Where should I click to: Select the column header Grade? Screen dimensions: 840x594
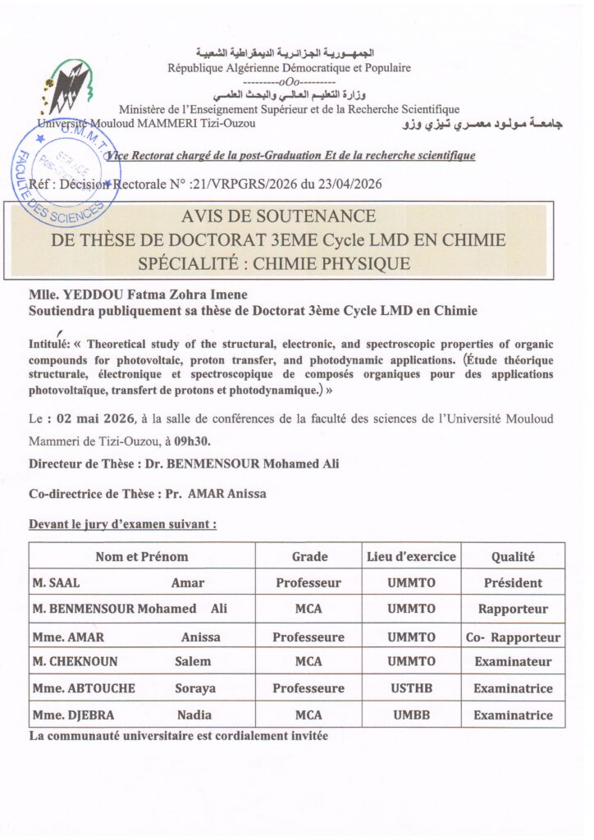coord(309,556)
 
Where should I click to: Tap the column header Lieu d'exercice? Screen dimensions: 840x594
coord(410,556)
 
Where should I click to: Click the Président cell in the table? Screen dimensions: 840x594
coord(513,583)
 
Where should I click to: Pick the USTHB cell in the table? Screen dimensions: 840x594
coord(410,688)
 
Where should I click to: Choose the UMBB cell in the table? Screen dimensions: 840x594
coord(410,715)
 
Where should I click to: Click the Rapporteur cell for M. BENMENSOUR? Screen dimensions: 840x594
coord(513,609)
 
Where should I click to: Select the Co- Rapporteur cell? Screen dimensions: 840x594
coord(513,637)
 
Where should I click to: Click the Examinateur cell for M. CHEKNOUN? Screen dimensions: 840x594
coord(513,662)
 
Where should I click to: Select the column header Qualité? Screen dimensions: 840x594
coord(513,556)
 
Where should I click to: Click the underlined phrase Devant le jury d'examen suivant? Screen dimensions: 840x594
coord(122,523)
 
